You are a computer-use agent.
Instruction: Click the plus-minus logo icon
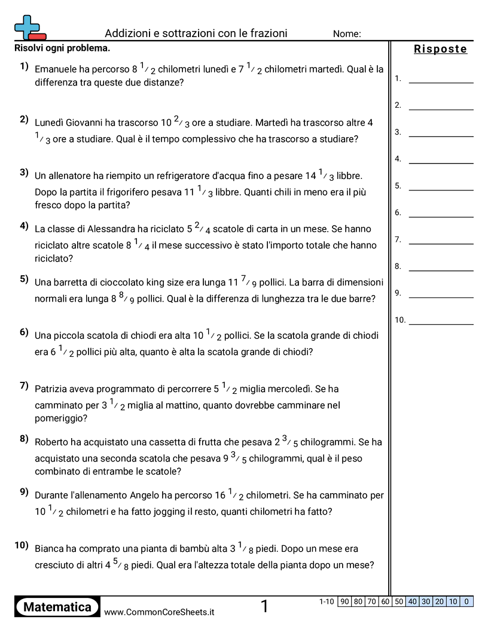(29, 27)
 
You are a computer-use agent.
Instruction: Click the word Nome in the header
(347, 34)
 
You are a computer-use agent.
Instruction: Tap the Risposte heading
(440, 49)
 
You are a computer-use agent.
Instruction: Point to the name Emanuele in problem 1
(56, 69)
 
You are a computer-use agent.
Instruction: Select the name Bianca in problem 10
(50, 549)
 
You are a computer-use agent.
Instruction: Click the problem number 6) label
(24, 332)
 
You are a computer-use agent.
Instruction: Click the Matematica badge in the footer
(57, 607)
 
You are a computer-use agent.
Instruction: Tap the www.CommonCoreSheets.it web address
(159, 612)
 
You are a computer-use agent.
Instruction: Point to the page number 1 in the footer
(264, 607)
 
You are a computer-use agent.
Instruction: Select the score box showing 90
(344, 601)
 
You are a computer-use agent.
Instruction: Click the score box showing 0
(466, 601)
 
